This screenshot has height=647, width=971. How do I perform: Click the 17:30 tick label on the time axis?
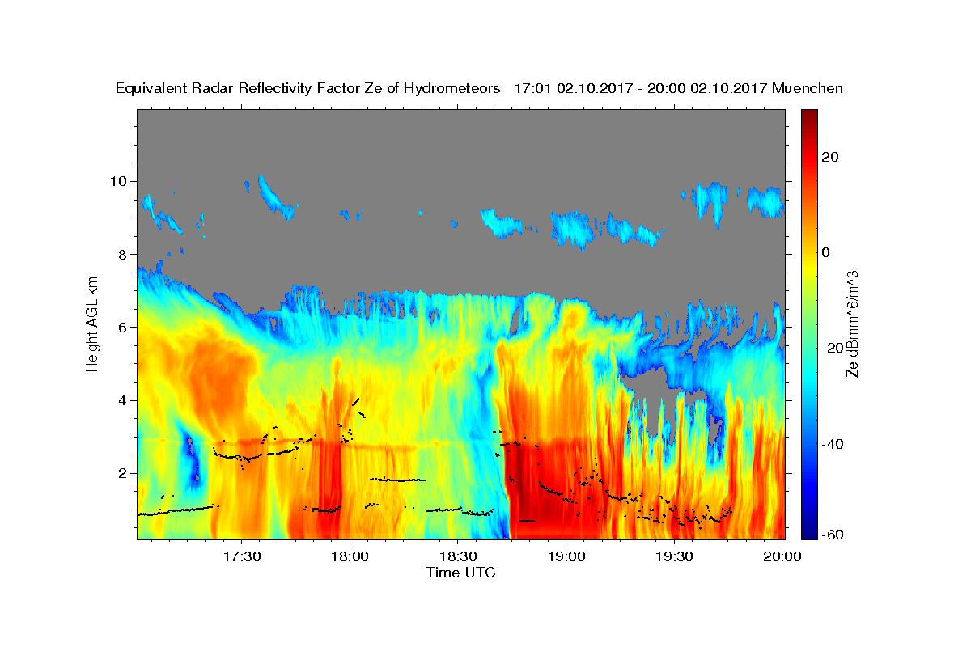click(242, 557)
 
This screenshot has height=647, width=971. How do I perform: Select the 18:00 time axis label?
click(350, 557)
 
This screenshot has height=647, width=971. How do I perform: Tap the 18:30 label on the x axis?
click(458, 557)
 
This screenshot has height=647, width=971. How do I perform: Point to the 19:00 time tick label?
click(566, 557)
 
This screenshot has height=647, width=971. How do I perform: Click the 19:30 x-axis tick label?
click(674, 557)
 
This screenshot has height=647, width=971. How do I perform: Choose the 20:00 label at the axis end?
click(782, 557)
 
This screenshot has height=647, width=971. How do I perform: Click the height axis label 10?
click(118, 182)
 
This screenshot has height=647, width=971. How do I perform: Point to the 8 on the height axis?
click(123, 255)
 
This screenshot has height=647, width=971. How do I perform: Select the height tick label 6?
click(123, 328)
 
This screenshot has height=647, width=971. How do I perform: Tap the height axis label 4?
click(123, 400)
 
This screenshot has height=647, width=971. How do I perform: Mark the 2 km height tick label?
click(123, 473)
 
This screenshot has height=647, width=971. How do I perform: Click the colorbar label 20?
click(830, 157)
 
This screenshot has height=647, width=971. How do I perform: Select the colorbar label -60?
click(833, 535)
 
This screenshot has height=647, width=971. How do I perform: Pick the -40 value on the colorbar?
click(833, 444)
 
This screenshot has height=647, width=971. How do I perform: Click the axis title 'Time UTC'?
click(460, 573)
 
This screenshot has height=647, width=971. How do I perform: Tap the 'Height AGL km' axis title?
click(92, 324)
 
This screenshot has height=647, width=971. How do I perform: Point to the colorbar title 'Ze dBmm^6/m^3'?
click(852, 324)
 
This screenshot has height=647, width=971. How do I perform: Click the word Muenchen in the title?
click(808, 88)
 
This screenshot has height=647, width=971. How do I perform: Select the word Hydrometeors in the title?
click(452, 88)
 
